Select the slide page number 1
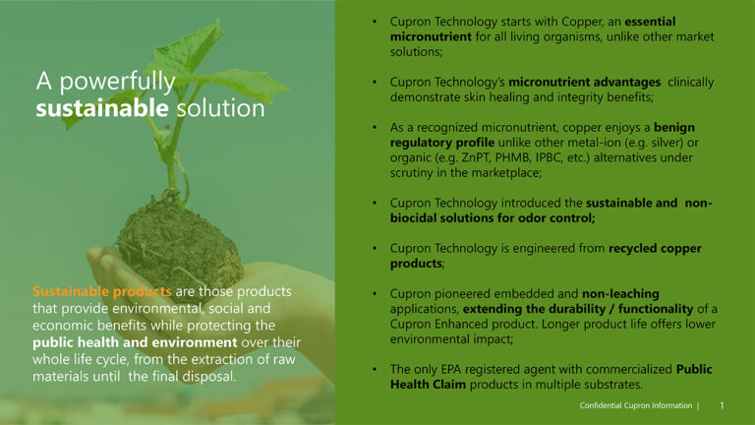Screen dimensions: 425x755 point(722,405)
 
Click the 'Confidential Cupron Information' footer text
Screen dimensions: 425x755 point(634,405)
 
